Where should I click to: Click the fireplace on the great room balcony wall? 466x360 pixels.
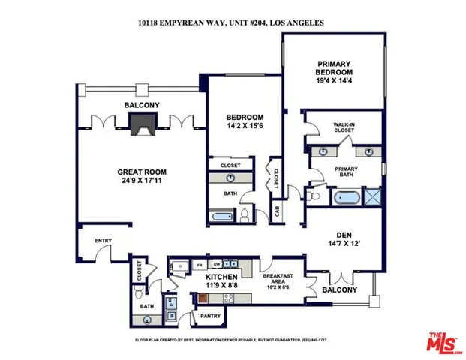(x=140, y=125)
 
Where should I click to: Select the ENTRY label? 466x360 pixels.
(x=102, y=241)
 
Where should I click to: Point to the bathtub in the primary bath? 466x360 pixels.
(x=347, y=199)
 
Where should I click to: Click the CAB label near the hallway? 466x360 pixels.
(x=278, y=211)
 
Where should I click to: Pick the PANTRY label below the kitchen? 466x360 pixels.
(x=210, y=316)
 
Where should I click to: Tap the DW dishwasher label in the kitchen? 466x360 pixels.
(x=216, y=265)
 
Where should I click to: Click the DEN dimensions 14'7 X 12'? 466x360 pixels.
(x=345, y=244)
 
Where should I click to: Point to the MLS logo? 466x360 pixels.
(x=443, y=340)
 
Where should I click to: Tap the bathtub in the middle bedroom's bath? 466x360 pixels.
(x=224, y=217)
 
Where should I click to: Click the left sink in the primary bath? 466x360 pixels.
(x=323, y=152)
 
